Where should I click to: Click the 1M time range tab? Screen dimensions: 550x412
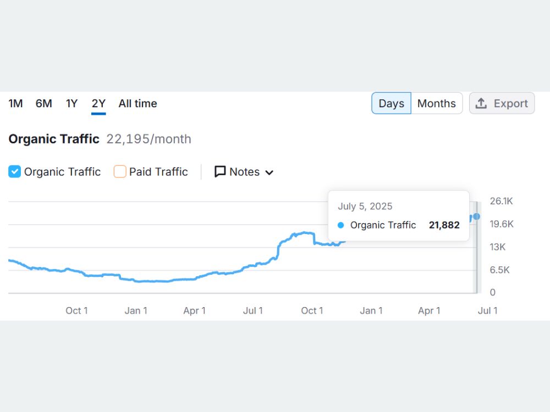point(15,103)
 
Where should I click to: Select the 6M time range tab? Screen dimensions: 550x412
point(44,103)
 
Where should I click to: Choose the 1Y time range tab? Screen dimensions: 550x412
point(71,103)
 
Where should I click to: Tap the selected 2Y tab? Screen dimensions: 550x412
point(98,103)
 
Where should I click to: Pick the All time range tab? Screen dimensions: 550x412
point(138,103)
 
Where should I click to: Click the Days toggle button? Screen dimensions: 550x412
point(392,103)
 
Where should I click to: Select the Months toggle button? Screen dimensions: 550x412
point(437,103)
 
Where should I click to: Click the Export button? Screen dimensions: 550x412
point(502,103)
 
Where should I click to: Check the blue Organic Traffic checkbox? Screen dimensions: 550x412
point(15,171)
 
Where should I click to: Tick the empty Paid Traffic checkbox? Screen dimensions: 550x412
point(120,171)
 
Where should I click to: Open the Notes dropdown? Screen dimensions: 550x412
point(244,171)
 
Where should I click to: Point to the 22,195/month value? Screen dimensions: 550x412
point(148,139)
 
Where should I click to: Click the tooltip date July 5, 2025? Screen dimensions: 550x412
point(365,207)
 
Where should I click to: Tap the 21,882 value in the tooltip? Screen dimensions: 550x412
point(444,225)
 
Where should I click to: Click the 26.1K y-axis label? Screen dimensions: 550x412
point(501,201)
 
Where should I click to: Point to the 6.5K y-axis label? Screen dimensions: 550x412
point(499,270)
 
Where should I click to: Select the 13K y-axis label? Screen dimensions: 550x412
point(497,247)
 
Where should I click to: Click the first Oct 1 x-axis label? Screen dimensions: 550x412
point(77,311)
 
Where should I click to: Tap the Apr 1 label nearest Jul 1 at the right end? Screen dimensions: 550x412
point(429,311)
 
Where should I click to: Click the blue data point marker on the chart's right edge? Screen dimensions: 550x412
point(476,216)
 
